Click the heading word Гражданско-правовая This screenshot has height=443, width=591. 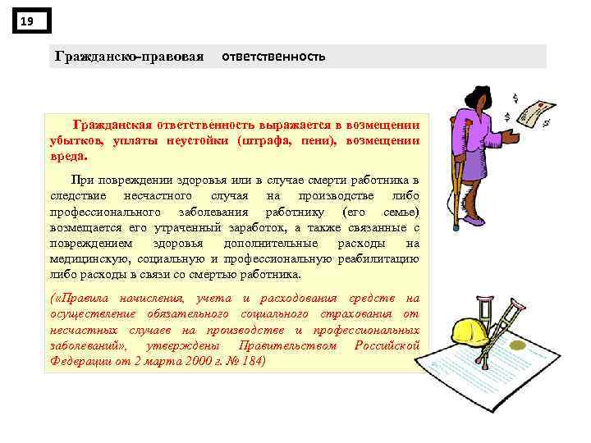[129, 57]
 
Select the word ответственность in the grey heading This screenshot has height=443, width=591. [274, 57]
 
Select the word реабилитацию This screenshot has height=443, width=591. [373, 258]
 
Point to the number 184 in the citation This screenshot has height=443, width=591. [247, 361]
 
